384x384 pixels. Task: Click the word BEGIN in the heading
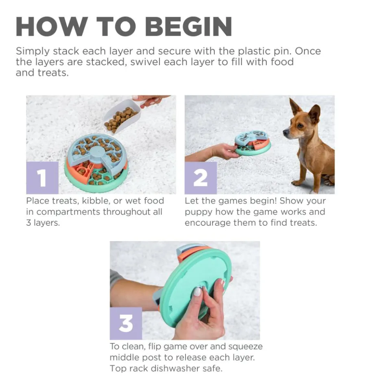pos(188,27)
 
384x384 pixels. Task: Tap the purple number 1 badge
pos(42,178)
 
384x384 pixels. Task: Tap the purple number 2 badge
pos(201,178)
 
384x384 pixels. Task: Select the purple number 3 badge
pos(126,323)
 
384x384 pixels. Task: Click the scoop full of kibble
pos(121,116)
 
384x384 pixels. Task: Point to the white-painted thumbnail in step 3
pos(197,291)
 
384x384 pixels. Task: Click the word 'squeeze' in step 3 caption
pos(244,347)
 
